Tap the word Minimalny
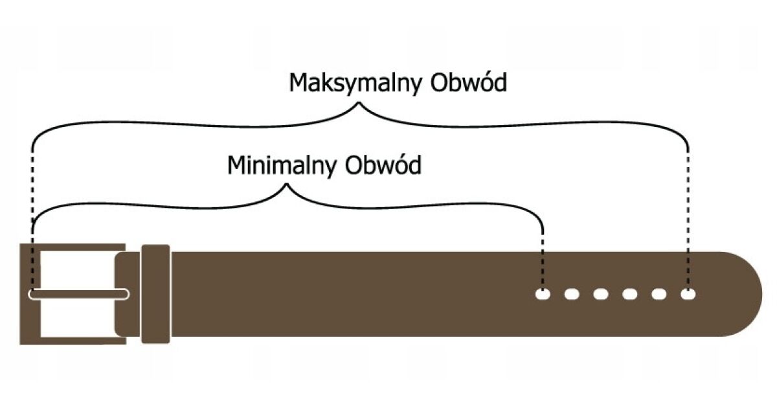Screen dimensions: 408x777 (282, 166)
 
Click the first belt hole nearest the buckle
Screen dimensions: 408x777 (543, 295)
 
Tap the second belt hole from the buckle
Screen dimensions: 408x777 (572, 295)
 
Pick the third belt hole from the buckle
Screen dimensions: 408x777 (601, 295)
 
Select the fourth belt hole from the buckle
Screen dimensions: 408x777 (630, 295)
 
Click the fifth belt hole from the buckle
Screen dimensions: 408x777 (659, 295)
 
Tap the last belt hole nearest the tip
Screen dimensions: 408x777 (688, 295)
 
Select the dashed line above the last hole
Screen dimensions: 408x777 (688, 214)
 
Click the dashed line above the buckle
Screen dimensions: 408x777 (32, 194)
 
